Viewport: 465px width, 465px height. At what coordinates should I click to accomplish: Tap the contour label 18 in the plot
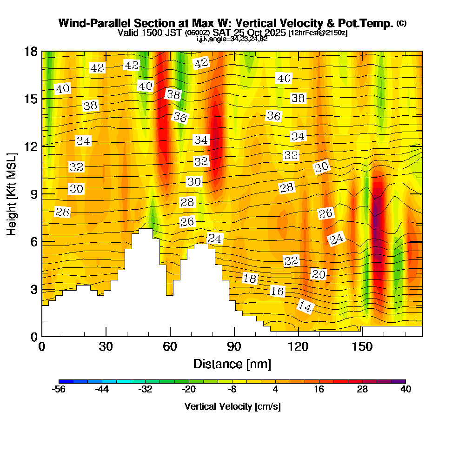[250, 279]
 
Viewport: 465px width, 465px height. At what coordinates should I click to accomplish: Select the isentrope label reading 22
[291, 261]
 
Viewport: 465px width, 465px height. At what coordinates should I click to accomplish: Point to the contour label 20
[319, 274]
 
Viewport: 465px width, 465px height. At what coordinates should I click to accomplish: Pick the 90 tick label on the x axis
[234, 347]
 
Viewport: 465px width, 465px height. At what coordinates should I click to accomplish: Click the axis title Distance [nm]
[232, 363]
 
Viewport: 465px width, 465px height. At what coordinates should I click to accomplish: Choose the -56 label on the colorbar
[59, 390]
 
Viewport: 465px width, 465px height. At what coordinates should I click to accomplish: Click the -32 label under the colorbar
[146, 390]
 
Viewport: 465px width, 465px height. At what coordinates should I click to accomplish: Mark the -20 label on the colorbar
[189, 390]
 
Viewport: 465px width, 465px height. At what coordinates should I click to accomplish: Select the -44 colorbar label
[102, 390]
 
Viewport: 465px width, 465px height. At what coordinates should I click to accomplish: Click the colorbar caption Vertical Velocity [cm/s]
[232, 406]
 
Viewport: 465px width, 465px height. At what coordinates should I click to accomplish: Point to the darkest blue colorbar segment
[63, 381]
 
